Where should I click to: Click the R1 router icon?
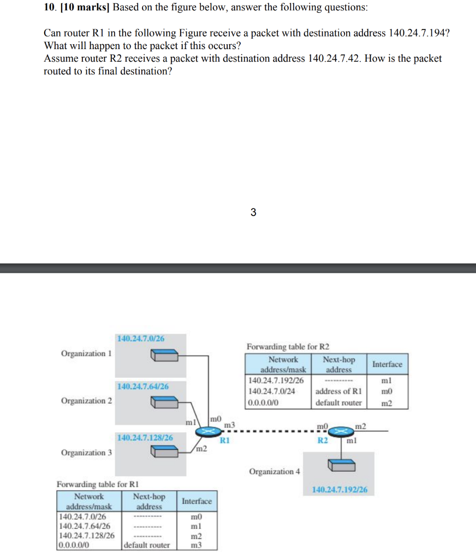click(x=207, y=431)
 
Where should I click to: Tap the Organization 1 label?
click(x=86, y=353)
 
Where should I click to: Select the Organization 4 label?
click(x=275, y=471)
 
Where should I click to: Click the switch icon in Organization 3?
click(x=165, y=452)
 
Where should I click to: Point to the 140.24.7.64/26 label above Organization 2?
click(x=142, y=386)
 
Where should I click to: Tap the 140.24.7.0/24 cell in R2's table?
click(x=272, y=391)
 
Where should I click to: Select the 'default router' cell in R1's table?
click(x=147, y=545)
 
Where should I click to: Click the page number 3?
click(x=253, y=212)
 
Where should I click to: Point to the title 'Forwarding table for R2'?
click(x=288, y=347)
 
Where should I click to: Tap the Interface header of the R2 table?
click(x=387, y=364)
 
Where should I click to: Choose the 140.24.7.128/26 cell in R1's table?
click(x=86, y=536)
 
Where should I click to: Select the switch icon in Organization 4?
click(x=342, y=465)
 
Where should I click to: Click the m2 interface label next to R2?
click(x=361, y=425)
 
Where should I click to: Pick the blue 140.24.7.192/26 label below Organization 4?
click(x=340, y=490)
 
